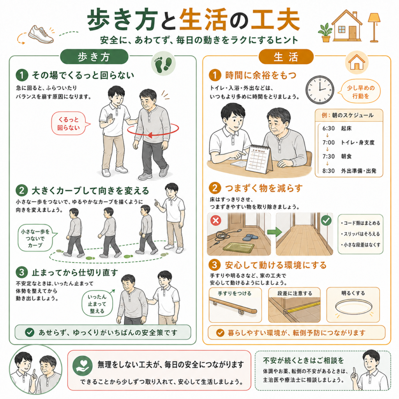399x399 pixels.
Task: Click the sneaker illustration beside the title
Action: (x=41, y=34)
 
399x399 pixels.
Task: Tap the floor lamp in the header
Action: (x=374, y=27)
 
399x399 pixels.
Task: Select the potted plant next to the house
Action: (x=325, y=33)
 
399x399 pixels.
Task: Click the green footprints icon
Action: (x=163, y=64)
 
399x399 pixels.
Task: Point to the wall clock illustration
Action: (x=320, y=90)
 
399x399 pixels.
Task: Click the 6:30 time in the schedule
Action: (x=328, y=128)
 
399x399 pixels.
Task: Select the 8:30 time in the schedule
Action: (x=328, y=171)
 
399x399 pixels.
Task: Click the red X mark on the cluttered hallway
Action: (x=215, y=221)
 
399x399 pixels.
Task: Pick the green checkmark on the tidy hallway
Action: (x=326, y=221)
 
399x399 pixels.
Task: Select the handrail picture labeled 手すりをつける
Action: (x=235, y=305)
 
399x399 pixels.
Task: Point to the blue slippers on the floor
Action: (x=251, y=238)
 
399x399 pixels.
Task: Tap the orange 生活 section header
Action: (x=286, y=57)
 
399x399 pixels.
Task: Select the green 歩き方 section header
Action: (x=94, y=57)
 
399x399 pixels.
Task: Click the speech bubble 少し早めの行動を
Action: (x=360, y=92)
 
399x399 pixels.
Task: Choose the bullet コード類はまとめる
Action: (x=360, y=223)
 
